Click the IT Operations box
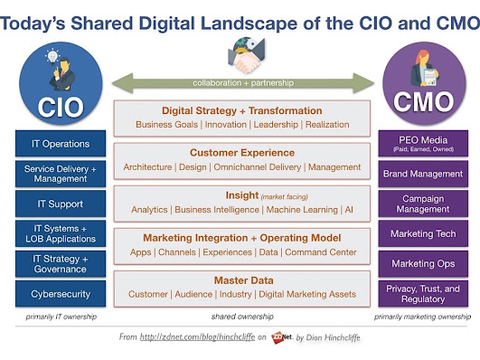(61, 144)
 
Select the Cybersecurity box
(61, 293)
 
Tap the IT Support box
(61, 204)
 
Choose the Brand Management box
(423, 174)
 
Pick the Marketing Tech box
(423, 233)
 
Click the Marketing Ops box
(423, 263)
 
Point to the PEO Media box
(423, 144)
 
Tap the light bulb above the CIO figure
(52, 57)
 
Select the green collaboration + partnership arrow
(243, 82)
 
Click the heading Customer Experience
(242, 153)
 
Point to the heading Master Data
(244, 280)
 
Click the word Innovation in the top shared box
(226, 125)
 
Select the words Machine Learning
(302, 210)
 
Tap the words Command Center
(321, 252)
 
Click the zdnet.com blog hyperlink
(197, 337)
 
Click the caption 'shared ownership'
(242, 317)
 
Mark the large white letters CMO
(423, 102)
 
